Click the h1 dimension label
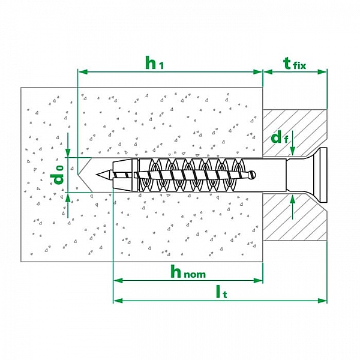pos(155,62)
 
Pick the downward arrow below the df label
pos(292,152)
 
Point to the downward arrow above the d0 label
pos(68,153)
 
